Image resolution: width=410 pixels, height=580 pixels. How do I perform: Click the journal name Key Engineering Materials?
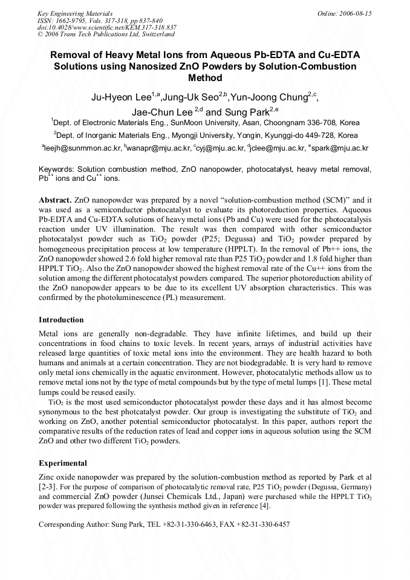75,13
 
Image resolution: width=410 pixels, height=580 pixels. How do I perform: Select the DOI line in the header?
106,27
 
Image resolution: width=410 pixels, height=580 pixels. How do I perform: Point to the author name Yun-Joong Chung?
268,97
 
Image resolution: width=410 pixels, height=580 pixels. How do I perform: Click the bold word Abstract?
55,199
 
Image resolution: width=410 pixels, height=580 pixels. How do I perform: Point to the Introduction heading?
61,320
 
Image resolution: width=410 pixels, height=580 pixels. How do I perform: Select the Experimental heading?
62,463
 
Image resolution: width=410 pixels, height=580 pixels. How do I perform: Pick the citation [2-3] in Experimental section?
48,486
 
